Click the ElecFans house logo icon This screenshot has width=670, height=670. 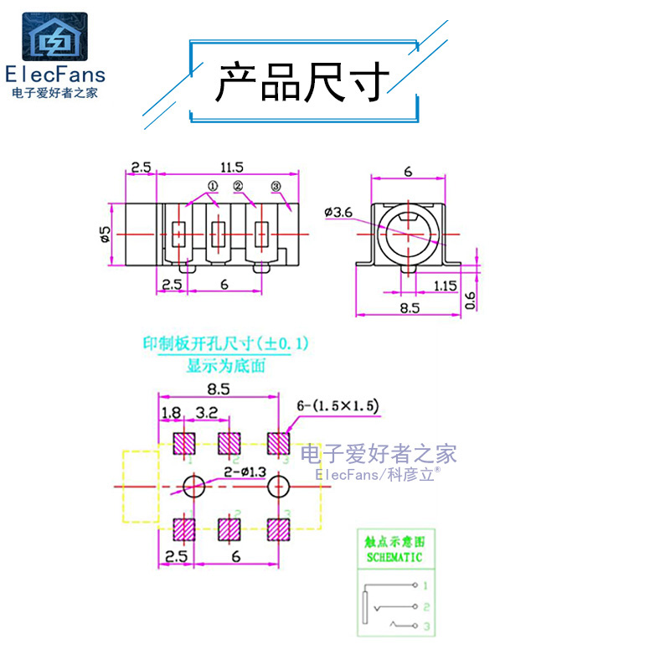54,37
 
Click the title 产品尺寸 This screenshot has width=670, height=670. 303,82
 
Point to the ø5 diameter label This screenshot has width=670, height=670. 106,234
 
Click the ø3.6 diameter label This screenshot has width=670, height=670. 338,213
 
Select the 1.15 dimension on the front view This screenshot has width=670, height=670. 445,286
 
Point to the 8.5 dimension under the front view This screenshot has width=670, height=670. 409,307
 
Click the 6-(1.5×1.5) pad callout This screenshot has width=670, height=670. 338,406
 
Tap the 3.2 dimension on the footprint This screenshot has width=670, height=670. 207,412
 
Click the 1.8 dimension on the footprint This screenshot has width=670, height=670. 170,412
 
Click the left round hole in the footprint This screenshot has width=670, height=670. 193,486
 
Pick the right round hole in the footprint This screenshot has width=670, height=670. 277,486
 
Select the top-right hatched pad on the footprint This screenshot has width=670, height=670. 278,443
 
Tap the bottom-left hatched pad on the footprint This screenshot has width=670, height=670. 184,529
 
